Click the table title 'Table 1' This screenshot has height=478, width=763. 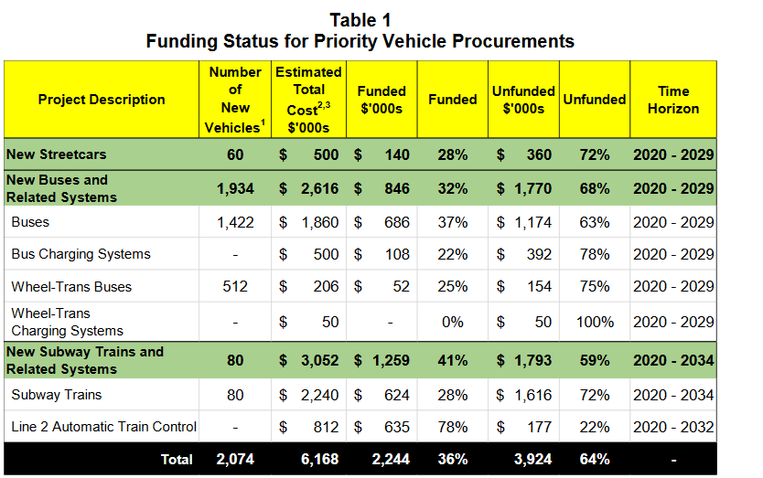coord(360,19)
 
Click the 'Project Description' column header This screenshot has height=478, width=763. coord(102,99)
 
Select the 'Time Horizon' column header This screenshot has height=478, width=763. coord(672,99)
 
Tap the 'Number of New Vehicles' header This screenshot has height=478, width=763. coord(235,99)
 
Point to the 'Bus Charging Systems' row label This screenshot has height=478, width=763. coord(81,254)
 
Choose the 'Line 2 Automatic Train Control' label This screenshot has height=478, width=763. coord(103,427)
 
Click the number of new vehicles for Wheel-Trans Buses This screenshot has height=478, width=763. coord(235,287)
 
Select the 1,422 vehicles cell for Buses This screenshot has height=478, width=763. coord(235,222)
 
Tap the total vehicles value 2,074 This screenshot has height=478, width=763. coord(235,459)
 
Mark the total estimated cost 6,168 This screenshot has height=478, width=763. coord(317,459)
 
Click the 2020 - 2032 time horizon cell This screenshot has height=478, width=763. coord(672,427)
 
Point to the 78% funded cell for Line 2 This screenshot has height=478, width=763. coord(452,427)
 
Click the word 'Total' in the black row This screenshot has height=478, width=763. coord(177,460)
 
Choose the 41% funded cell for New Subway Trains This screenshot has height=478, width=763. coord(452,361)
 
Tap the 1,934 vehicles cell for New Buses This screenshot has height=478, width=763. coord(235,189)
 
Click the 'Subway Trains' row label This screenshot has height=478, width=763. coord(57,395)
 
